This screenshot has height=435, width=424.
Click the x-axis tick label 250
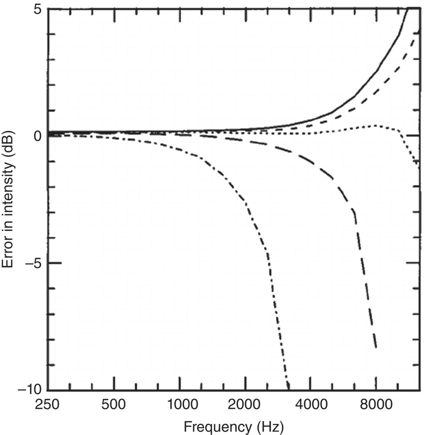tap(49, 406)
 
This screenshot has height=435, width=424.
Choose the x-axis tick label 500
tap(114, 406)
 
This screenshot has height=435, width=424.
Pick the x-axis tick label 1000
tap(180, 406)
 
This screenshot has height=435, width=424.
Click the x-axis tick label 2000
tap(245, 406)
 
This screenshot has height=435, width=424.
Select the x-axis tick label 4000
tap(310, 406)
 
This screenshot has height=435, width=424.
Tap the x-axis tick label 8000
tap(376, 406)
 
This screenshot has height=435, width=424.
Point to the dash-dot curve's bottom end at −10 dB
tap(288, 387)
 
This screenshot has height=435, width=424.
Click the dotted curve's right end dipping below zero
tap(418, 164)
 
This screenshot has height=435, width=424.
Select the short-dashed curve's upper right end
tap(418, 30)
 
